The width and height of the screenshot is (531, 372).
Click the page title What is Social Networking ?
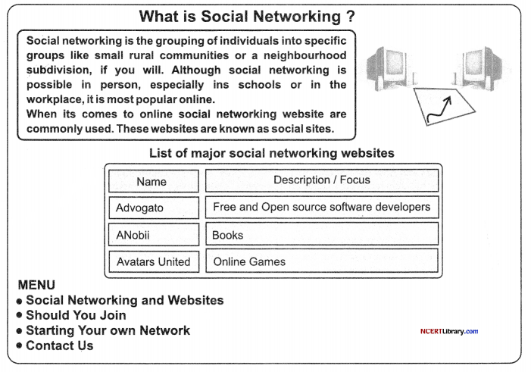click(x=247, y=16)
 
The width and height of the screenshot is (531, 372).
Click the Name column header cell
click(x=154, y=181)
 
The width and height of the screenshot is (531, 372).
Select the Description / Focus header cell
click(x=322, y=180)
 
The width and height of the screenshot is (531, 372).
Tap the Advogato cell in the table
click(x=154, y=208)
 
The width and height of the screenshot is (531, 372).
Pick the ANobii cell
click(x=154, y=234)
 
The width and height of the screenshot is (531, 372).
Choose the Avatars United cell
click(x=154, y=261)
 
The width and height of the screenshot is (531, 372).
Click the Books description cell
click(x=322, y=234)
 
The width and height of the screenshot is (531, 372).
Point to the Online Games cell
click(x=322, y=261)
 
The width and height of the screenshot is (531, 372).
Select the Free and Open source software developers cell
click(x=322, y=207)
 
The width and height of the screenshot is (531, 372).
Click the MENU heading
click(x=36, y=285)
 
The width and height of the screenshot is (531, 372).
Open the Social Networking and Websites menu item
click(x=125, y=300)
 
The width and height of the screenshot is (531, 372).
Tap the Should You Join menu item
click(x=76, y=315)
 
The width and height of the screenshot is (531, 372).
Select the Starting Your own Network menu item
click(x=108, y=330)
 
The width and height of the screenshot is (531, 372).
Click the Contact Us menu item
click(x=60, y=345)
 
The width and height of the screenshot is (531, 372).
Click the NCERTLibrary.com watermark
click(x=449, y=331)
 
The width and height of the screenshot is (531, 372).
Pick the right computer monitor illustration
click(x=479, y=68)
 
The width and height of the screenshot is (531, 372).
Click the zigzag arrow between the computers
click(x=440, y=109)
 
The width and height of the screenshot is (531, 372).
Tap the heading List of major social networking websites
click(x=272, y=153)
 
